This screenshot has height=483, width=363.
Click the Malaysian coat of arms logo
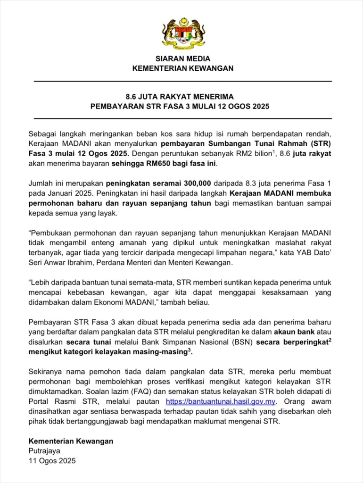click(x=183, y=33)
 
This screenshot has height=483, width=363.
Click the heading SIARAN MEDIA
click(x=183, y=59)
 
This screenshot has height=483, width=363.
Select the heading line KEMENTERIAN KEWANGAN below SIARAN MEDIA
click(x=183, y=68)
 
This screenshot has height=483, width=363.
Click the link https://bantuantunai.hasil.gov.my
click(x=221, y=402)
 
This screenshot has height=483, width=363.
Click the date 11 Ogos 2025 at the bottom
click(x=52, y=461)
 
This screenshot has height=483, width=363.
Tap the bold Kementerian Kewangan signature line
click(x=71, y=441)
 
